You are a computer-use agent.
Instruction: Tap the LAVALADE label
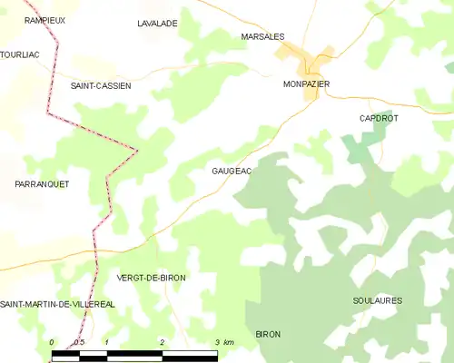click(157, 24)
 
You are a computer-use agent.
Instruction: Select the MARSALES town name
click(263, 36)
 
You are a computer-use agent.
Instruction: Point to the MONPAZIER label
click(306, 83)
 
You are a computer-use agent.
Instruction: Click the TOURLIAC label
click(19, 54)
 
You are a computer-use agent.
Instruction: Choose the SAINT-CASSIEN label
click(101, 85)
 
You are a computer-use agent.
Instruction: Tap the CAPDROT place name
click(379, 118)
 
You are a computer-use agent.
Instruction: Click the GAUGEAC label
click(232, 171)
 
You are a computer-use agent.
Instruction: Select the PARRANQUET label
click(42, 184)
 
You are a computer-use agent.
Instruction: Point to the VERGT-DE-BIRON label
click(152, 278)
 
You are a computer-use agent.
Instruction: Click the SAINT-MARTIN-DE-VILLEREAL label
click(57, 304)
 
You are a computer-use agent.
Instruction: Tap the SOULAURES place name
click(377, 300)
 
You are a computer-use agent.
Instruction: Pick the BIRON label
click(268, 334)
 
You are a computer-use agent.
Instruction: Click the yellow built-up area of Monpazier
click(317, 63)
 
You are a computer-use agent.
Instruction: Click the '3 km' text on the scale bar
click(223, 342)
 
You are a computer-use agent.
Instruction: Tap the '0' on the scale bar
click(53, 342)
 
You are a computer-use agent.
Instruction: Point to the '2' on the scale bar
click(162, 342)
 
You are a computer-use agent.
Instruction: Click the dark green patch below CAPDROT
click(362, 146)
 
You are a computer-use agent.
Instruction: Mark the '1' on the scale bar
click(107, 342)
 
